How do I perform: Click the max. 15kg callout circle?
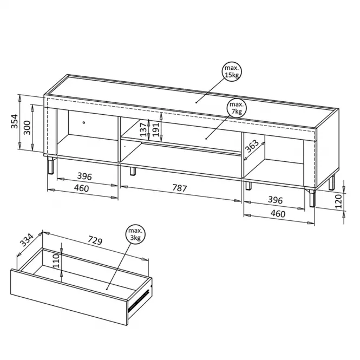(x=232, y=71)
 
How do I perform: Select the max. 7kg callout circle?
(x=237, y=108)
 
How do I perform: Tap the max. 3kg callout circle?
(x=135, y=234)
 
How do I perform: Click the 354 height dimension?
(x=15, y=121)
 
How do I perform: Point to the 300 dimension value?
(x=27, y=127)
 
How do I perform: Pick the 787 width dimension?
(x=180, y=188)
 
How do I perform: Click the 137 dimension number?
(x=143, y=129)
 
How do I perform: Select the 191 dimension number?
(x=156, y=129)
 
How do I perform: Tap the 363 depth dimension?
(x=252, y=146)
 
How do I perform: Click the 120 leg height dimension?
(x=338, y=201)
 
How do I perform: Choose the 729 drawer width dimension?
(x=95, y=240)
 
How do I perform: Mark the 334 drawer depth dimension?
(x=27, y=240)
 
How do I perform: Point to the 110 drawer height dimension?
(x=56, y=261)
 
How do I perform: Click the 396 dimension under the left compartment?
(x=84, y=176)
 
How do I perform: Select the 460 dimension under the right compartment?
(x=278, y=214)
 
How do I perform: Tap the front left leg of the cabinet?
(x=51, y=165)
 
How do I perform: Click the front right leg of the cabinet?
(x=312, y=198)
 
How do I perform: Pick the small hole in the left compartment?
(x=84, y=122)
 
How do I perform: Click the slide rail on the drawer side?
(x=139, y=301)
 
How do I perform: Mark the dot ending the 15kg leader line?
(x=197, y=102)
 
